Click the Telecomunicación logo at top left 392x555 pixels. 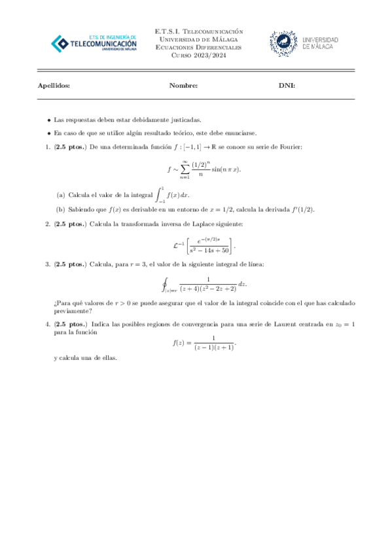[94, 43]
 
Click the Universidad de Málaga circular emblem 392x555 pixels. [283, 43]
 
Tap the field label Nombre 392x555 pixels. [183, 86]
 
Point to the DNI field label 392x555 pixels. [287, 86]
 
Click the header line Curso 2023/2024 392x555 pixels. [197, 56]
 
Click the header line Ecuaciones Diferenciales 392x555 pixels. [197, 48]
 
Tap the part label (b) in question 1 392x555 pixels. [61, 209]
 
